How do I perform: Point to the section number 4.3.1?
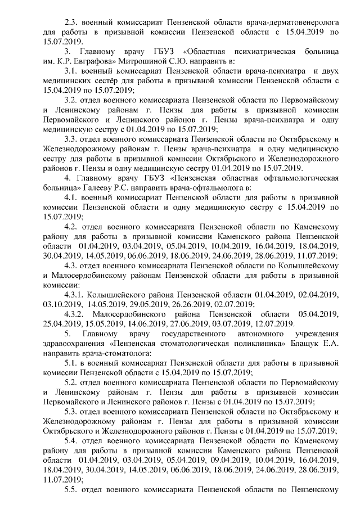click(x=76, y=294)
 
